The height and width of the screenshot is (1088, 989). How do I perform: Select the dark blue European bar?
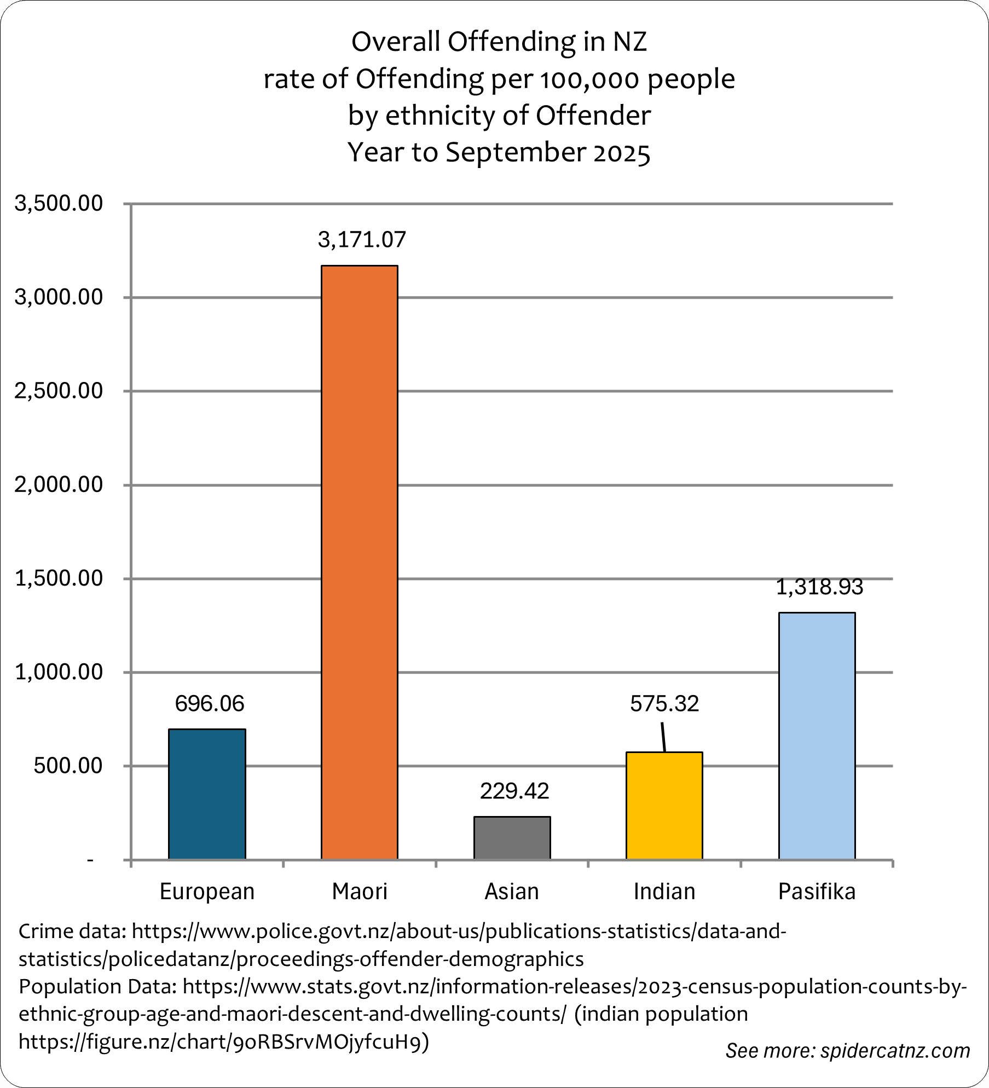207,794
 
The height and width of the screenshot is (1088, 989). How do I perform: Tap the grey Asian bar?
512,837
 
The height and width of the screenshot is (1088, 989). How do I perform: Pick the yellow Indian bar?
664,806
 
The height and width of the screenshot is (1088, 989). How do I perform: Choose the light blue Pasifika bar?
817,736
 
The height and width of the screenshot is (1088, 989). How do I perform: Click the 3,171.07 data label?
362,240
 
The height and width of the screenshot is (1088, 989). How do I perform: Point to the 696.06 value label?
210,703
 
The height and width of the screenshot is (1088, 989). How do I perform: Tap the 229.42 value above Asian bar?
514,791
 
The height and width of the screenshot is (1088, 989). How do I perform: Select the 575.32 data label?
664,703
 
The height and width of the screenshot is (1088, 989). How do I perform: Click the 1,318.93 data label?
819,587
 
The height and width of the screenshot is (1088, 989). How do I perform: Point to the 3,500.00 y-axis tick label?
59,203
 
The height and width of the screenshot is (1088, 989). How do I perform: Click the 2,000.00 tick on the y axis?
59,484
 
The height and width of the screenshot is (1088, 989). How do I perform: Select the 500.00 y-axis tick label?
68,765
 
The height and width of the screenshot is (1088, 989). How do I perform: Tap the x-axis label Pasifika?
817,892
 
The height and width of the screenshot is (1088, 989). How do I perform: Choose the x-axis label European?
207,892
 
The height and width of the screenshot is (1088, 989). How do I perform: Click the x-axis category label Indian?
664,892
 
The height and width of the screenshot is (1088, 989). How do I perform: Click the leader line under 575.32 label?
663,737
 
